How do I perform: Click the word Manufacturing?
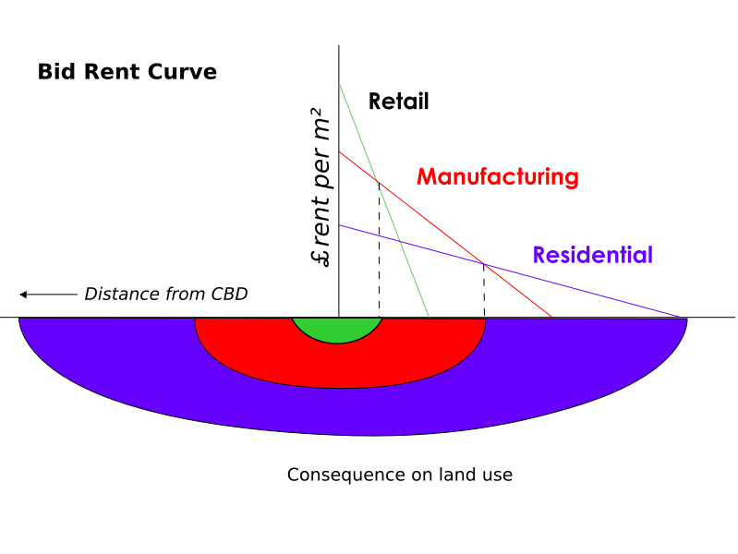pos(497,176)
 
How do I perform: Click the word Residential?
pos(592,255)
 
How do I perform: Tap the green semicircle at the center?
pos(337,330)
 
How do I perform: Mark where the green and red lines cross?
pos(377,181)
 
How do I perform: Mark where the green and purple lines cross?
pos(398,240)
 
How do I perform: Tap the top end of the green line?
pos(339,83)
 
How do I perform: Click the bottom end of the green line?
pos(429,317)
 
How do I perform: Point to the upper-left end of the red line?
pos(339,151)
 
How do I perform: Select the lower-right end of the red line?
pos(551,317)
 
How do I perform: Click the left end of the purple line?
pos(339,224)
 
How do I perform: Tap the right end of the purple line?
pos(682,317)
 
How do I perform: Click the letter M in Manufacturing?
pos(427,176)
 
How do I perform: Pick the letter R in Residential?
pos(540,255)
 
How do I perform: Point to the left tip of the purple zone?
pos(21,320)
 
